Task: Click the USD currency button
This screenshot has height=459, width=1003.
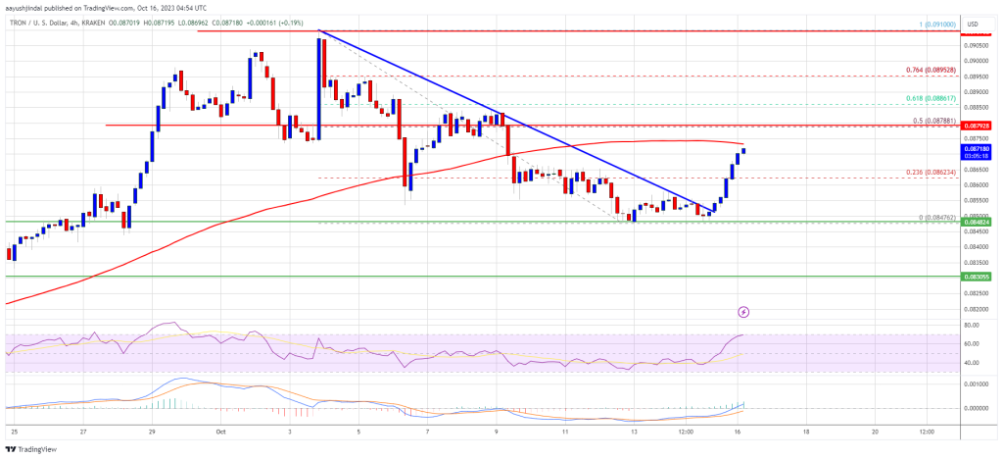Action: pyautogui.click(x=973, y=24)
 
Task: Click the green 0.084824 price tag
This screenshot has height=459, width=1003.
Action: pyautogui.click(x=979, y=222)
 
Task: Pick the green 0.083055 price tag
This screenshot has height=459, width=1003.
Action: pyautogui.click(x=979, y=278)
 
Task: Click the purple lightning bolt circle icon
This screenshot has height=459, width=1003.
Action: pyautogui.click(x=743, y=312)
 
